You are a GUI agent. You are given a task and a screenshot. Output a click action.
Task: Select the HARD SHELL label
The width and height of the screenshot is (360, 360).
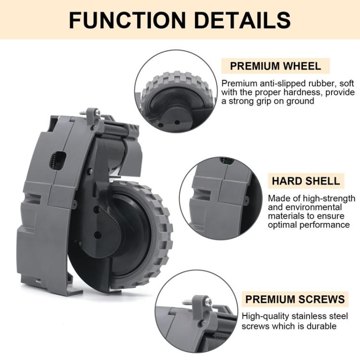click(305, 181)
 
